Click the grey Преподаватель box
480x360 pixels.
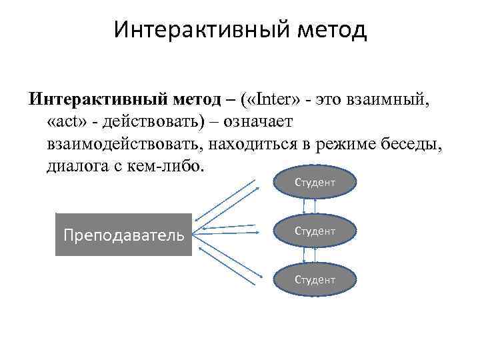[123, 235]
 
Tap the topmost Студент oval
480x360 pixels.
[315, 182]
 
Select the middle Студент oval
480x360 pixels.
[315, 231]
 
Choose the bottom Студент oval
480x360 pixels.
[315, 279]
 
